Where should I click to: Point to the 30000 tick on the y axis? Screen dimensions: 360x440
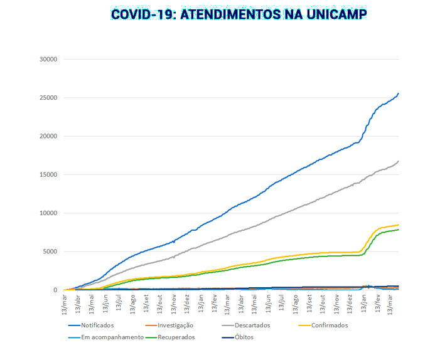[48, 60]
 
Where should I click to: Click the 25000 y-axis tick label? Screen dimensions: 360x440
[48, 98]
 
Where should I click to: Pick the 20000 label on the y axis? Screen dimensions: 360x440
[48, 136]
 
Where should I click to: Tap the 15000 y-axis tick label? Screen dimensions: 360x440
[48, 175]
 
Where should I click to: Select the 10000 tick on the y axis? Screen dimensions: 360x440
[48, 213]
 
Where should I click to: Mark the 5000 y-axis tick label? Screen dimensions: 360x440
[50, 251]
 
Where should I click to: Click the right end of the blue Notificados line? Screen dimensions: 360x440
[399, 93]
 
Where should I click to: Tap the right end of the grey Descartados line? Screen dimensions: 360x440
[399, 161]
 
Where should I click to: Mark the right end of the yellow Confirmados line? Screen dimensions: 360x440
[399, 225]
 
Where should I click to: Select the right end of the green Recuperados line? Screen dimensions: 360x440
[399, 230]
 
